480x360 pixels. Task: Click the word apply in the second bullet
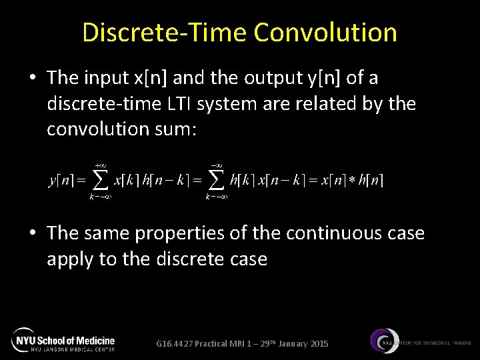[69, 259]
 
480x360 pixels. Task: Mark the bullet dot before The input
[32, 79]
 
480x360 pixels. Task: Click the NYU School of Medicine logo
[64, 340]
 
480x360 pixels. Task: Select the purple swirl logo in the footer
[385, 341]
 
